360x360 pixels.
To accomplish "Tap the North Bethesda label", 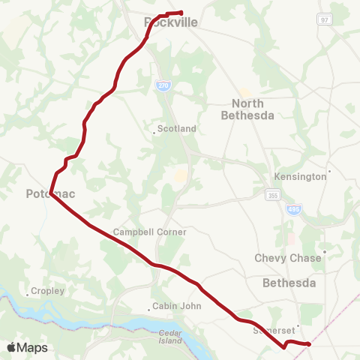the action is (247, 109).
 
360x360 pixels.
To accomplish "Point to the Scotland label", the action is (177, 128).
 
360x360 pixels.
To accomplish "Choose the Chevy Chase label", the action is (288, 257).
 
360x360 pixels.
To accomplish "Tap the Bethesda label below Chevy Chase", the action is (289, 283).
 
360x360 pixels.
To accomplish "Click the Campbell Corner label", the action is (149, 232).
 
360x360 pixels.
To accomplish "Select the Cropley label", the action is (48, 290).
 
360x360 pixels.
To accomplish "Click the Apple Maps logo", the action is (27, 347).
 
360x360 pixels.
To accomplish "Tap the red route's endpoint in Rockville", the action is (181, 12).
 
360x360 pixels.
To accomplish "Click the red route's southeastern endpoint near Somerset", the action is (309, 344).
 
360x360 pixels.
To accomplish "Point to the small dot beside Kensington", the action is (329, 171).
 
